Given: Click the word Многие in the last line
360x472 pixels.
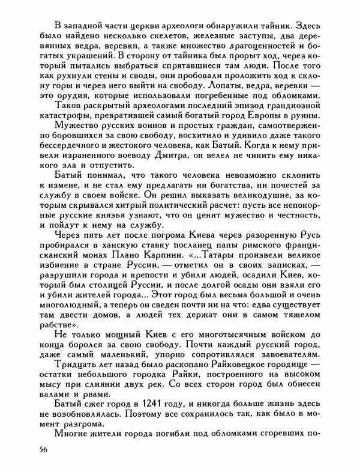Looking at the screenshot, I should click(x=74, y=435).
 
